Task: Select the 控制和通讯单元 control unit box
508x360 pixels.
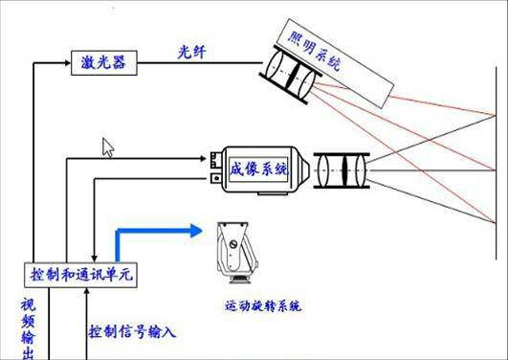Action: click(x=79, y=275)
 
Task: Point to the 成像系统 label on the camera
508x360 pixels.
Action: click(x=258, y=169)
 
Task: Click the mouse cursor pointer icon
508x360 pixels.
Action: click(x=108, y=147)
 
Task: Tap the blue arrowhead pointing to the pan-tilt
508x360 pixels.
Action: click(x=195, y=230)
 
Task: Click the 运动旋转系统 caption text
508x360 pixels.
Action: click(x=263, y=306)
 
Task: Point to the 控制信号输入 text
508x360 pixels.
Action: click(x=133, y=332)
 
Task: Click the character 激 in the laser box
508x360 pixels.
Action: click(x=86, y=63)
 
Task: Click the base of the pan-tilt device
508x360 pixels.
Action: click(x=234, y=279)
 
